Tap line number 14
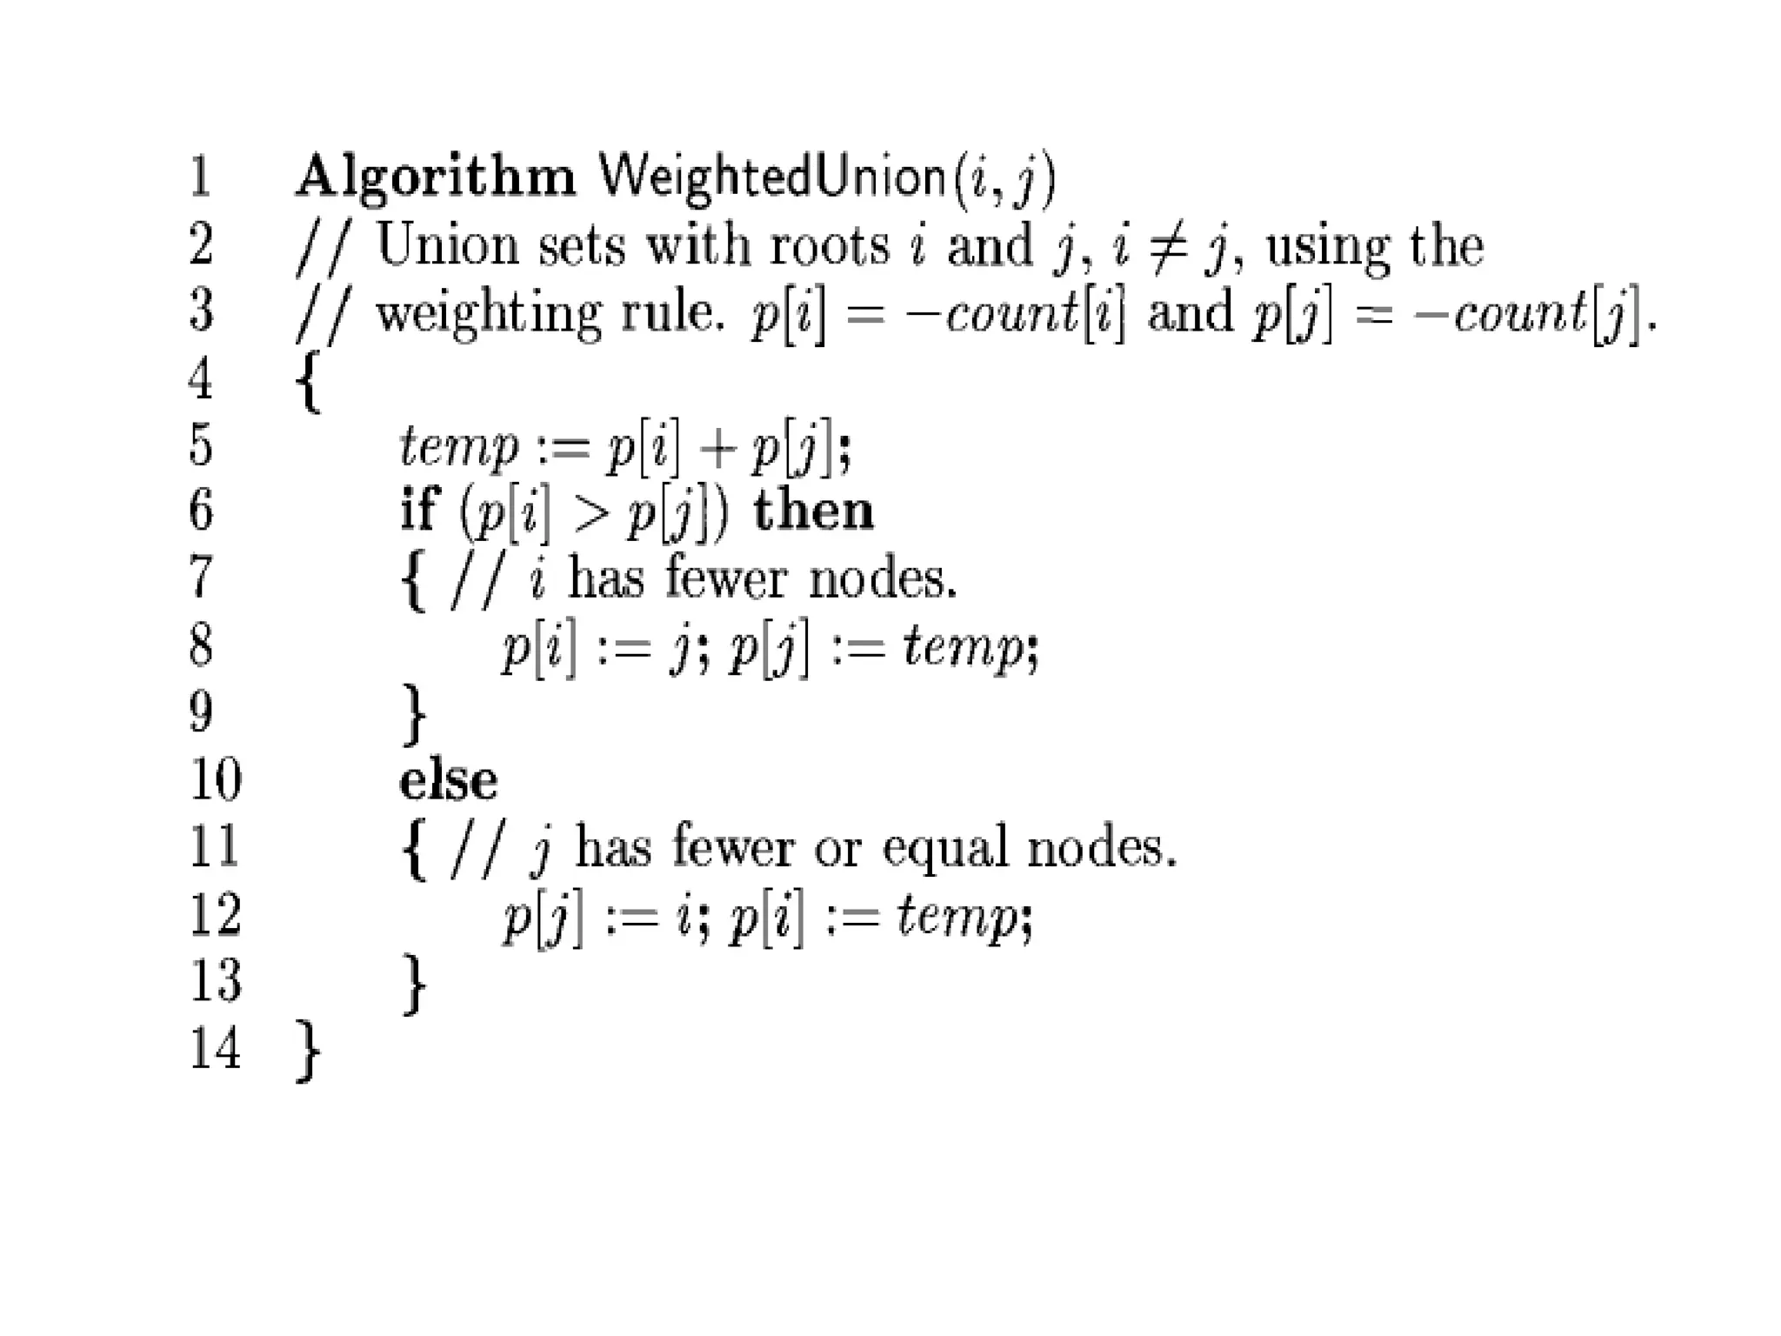(x=214, y=1047)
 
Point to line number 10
(x=214, y=778)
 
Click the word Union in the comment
(x=447, y=244)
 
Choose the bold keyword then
(x=812, y=511)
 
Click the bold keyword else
(x=448, y=780)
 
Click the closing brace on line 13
(x=414, y=984)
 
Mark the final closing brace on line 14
(x=308, y=1051)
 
